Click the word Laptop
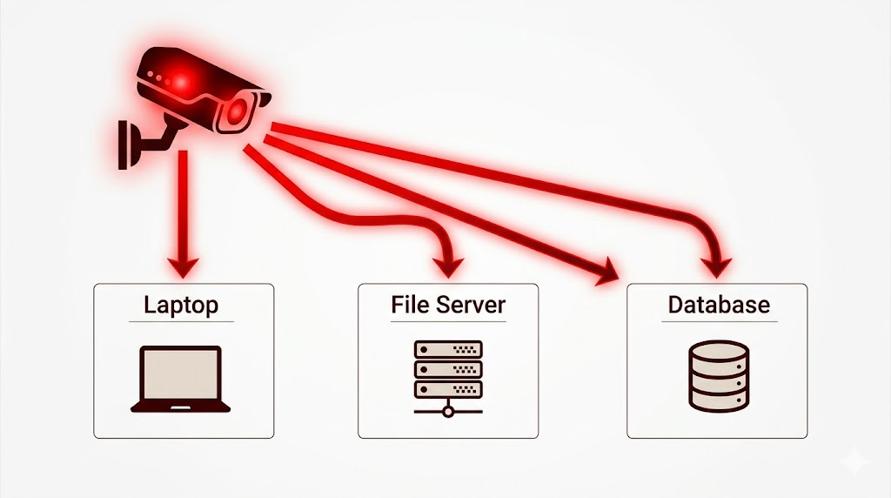(x=181, y=306)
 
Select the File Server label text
(x=448, y=306)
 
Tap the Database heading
(x=718, y=306)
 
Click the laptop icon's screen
(x=181, y=374)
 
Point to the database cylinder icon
(x=718, y=376)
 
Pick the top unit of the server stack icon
(x=448, y=349)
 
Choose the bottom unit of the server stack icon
(x=448, y=389)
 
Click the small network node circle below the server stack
(x=448, y=409)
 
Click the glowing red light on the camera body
(x=181, y=83)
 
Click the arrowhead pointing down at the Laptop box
(x=183, y=263)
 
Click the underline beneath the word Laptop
(x=181, y=322)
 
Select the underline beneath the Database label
(x=718, y=322)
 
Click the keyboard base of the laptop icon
(x=181, y=406)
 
